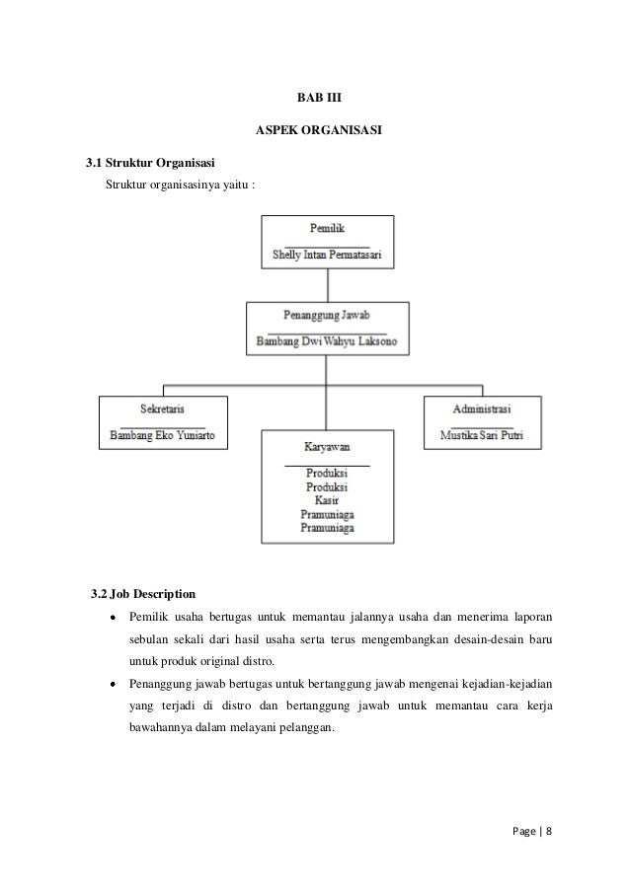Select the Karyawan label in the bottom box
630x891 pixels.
pos(327,446)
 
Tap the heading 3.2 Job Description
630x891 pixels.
pos(142,594)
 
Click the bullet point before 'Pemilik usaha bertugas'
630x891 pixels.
pos(115,618)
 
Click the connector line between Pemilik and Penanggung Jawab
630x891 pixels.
pos(327,285)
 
